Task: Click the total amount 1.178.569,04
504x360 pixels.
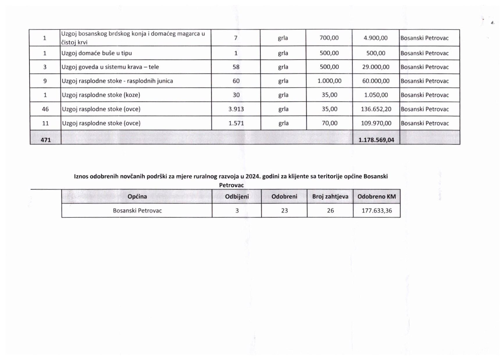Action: (x=376, y=140)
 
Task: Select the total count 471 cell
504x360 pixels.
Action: (x=46, y=140)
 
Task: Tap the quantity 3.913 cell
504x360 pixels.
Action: (x=236, y=109)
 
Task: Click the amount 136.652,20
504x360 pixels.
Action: (x=376, y=109)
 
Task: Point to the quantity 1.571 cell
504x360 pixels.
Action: (x=236, y=123)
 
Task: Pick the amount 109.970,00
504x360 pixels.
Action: (x=376, y=123)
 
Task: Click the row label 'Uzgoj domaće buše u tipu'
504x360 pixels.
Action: (x=97, y=53)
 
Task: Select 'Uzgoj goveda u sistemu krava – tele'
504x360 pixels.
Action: (x=110, y=67)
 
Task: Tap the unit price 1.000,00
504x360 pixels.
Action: (x=329, y=81)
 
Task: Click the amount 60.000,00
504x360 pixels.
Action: (x=376, y=81)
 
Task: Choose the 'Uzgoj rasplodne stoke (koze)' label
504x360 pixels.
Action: (x=101, y=95)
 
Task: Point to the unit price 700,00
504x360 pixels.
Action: (x=329, y=38)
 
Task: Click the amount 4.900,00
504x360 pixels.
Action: (x=375, y=38)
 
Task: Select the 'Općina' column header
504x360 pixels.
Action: (x=137, y=197)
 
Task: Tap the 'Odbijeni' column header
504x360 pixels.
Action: (x=237, y=197)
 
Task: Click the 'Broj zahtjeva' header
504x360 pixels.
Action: (x=330, y=197)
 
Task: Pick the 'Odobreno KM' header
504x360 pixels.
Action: (x=377, y=197)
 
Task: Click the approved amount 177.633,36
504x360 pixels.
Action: (x=377, y=211)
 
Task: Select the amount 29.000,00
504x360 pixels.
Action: (x=376, y=67)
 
